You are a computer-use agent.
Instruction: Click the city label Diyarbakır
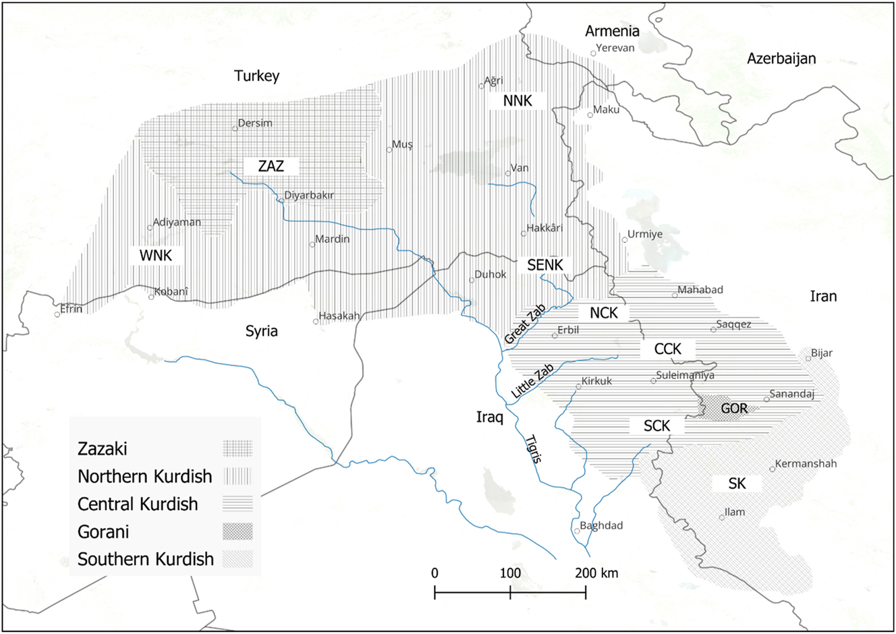pos(309,196)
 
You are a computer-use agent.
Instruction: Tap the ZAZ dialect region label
pos(271,166)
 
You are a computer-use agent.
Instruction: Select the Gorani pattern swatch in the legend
pos(237,531)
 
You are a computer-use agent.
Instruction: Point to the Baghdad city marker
pos(577,531)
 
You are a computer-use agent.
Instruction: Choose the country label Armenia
pos(612,31)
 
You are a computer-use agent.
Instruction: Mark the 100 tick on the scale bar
pos(510,574)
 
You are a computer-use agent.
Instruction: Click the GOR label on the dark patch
pos(734,409)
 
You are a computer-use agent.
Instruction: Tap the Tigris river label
pos(533,449)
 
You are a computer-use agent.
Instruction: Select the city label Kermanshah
pos(806,464)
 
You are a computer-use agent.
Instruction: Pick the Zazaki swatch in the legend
pos(237,449)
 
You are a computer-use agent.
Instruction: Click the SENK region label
pos(545,265)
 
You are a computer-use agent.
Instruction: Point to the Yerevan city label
pos(615,49)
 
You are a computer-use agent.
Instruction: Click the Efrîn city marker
pos(57,314)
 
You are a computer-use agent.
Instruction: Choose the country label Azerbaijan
pos(781,59)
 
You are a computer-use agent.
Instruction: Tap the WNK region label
pos(156,255)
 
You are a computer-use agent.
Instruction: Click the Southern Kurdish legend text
pos(146,559)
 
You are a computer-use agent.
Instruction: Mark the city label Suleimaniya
pos(685,375)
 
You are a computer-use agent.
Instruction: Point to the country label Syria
pos(261,331)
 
